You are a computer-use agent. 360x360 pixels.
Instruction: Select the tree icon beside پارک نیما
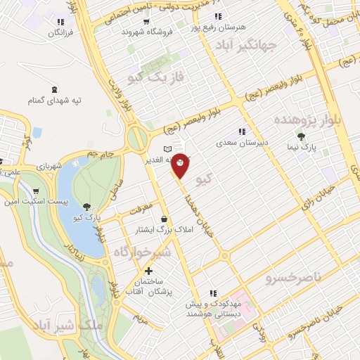(x=302, y=136)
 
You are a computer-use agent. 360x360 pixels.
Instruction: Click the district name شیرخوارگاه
(x=140, y=252)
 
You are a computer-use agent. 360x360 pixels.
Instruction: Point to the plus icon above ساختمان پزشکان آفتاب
(x=148, y=271)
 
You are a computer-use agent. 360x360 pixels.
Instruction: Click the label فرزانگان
(x=63, y=32)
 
